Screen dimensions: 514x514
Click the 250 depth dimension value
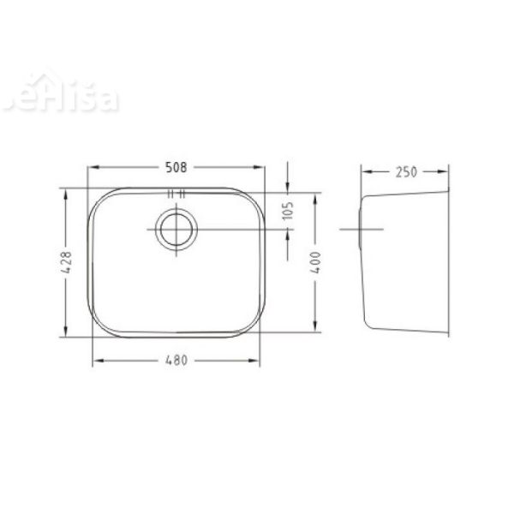(x=405, y=171)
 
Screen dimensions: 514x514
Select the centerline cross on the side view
(x=361, y=230)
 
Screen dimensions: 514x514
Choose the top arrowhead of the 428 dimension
(x=66, y=192)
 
